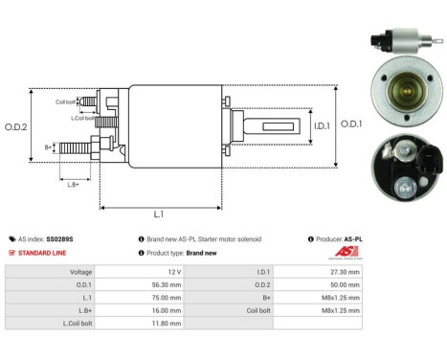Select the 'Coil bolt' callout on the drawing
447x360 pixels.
pos(65,101)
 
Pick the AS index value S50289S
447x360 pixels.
pos(60,238)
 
